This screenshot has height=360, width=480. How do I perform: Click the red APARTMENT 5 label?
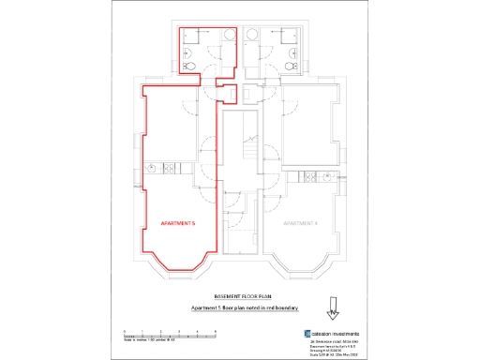pyautogui.click(x=178, y=223)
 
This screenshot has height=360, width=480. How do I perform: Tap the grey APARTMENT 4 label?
pyautogui.click(x=301, y=223)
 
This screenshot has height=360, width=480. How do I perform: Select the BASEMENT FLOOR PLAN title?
pyautogui.click(x=240, y=294)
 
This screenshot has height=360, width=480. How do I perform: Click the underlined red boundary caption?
pyautogui.click(x=240, y=307)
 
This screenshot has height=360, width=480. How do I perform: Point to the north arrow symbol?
pyautogui.click(x=330, y=308)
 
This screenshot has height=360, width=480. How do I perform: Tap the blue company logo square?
pyautogui.click(x=307, y=334)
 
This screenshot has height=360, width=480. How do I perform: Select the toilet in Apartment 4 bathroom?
pyautogui.click(x=288, y=66)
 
